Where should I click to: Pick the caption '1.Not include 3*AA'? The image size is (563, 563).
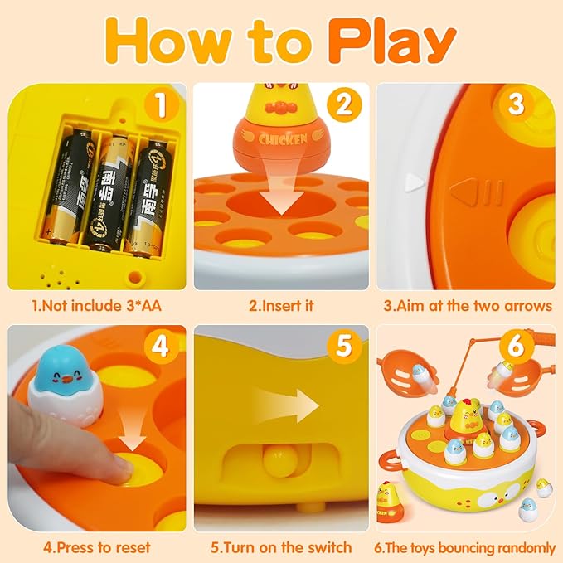click(x=96, y=305)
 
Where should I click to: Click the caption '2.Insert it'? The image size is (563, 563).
click(x=281, y=305)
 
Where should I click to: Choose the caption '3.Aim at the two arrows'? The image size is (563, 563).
click(x=468, y=305)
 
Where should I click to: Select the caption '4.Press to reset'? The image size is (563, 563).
click(x=97, y=547)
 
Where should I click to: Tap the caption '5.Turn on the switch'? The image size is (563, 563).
click(x=281, y=547)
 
